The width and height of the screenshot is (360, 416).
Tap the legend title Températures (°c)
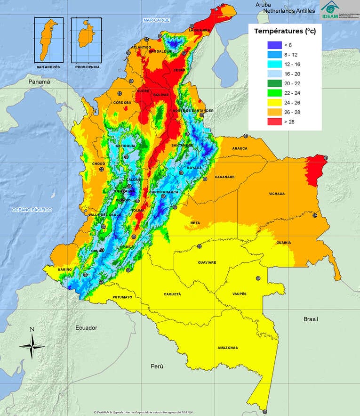pos(285,31)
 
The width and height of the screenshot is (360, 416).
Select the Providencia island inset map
pos(87,40)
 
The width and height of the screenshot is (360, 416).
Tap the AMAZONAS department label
pos(228,348)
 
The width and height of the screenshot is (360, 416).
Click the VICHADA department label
pos(277,194)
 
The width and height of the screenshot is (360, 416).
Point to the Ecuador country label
pos(87,327)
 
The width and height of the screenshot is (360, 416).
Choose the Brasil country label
pos(311,319)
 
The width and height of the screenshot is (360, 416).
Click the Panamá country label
pos(39,82)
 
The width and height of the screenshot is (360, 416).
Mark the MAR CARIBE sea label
pos(157,20)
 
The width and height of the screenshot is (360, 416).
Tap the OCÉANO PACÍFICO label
pos(32,209)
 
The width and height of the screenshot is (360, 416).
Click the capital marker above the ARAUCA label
pos(245,136)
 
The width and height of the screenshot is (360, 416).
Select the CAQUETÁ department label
pos(172,294)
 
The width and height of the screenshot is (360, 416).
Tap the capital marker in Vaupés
pos(257,278)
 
